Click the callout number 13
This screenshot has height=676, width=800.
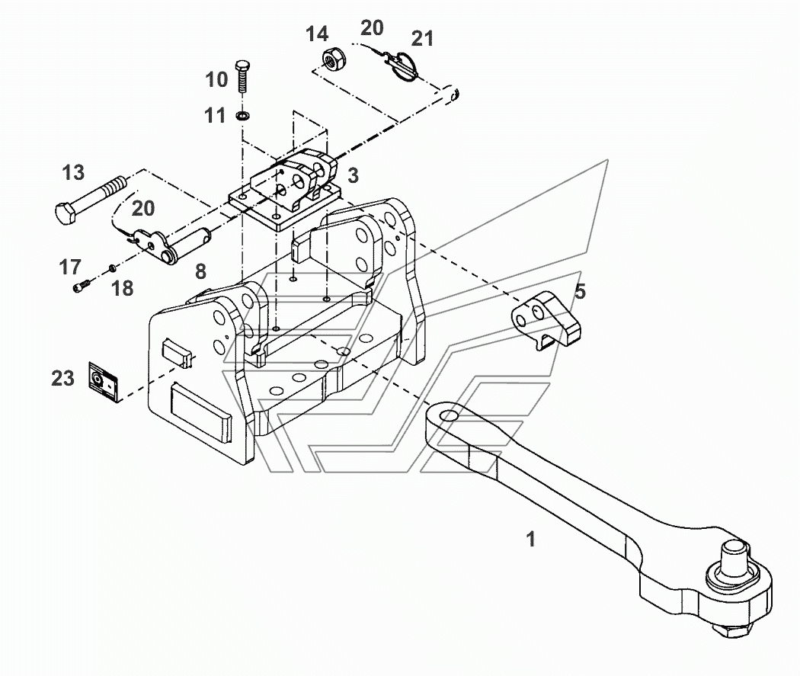click(73, 172)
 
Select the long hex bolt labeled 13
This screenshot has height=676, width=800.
click(90, 200)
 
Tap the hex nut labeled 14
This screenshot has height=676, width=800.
click(334, 59)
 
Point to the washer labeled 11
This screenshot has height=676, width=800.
click(243, 116)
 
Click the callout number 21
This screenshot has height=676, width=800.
click(422, 38)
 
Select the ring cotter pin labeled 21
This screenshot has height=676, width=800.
click(405, 66)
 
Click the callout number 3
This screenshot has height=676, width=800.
click(353, 175)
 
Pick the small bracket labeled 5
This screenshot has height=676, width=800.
click(545, 320)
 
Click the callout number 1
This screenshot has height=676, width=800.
click(530, 539)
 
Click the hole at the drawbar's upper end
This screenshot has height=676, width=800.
click(449, 415)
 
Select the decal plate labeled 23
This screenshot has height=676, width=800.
click(104, 382)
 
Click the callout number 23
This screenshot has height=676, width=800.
click(62, 378)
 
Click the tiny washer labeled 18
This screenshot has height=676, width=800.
click(112, 268)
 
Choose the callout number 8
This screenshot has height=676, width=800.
click(201, 271)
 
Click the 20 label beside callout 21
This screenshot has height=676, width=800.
click(372, 27)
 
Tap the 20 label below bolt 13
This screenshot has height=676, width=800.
click(143, 208)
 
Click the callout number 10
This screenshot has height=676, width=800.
click(216, 79)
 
